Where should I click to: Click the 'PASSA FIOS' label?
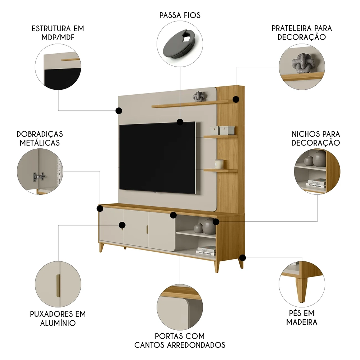click(x=180, y=15)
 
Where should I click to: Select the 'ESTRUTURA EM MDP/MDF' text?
click(x=58, y=33)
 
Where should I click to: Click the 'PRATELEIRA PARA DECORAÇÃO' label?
click(x=302, y=33)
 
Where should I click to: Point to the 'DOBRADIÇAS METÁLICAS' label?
click(x=40, y=138)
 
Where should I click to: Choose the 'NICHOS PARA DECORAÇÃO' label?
click(x=316, y=138)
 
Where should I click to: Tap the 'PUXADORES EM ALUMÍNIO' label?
click(x=58, y=318)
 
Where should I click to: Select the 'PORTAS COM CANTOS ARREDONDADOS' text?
click(x=180, y=341)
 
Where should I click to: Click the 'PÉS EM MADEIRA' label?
click(x=302, y=317)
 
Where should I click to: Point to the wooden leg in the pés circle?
click(x=301, y=288)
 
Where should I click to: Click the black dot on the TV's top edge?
click(x=180, y=122)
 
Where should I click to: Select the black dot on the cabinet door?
click(x=122, y=225)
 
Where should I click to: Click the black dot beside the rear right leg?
click(x=243, y=258)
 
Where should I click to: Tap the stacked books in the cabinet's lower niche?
click(x=206, y=250)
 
